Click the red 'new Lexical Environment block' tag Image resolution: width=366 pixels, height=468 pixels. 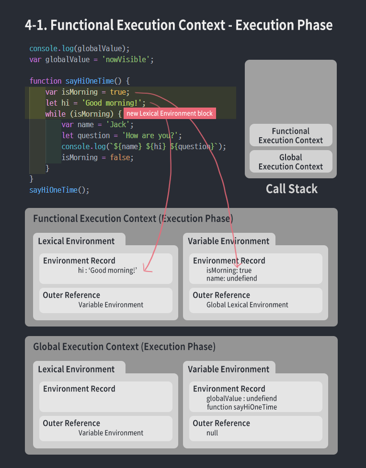[x=170, y=113]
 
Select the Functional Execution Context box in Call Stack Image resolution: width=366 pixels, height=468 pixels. [x=291, y=135]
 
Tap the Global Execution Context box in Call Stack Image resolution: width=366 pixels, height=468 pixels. [x=291, y=162]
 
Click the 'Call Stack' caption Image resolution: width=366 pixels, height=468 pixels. [x=291, y=189]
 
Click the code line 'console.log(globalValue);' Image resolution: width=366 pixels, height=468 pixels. [x=80, y=48]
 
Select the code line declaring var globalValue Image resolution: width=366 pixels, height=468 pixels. [x=91, y=59]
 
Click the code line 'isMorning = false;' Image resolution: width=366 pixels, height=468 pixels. [x=97, y=157]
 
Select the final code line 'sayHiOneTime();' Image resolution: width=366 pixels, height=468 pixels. [x=59, y=190]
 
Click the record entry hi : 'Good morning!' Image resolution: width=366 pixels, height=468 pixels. [x=108, y=271]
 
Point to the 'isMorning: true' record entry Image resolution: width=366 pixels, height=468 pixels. [x=229, y=271]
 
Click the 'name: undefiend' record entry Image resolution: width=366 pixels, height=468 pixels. [x=232, y=278]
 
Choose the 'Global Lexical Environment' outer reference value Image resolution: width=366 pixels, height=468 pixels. [x=247, y=305]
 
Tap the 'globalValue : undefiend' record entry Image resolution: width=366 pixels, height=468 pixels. [x=241, y=398]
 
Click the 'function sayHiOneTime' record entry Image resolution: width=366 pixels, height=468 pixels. [x=242, y=407]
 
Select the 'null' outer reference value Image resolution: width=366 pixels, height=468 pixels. [x=212, y=433]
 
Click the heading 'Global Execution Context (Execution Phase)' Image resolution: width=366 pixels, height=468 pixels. [x=124, y=347]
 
